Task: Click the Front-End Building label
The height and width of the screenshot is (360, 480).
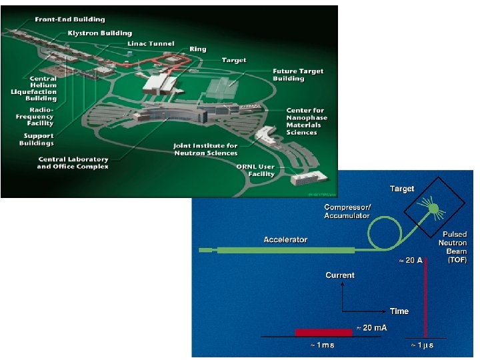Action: (x=70, y=20)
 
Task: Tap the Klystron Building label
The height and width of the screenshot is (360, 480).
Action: (x=99, y=33)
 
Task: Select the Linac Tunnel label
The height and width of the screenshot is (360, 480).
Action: (x=151, y=44)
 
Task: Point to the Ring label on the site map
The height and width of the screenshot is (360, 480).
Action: (x=197, y=49)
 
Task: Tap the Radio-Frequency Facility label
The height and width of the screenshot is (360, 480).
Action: (x=41, y=116)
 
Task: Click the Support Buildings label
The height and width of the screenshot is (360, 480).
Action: (x=37, y=139)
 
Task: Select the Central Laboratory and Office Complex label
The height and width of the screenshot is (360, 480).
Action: (x=73, y=163)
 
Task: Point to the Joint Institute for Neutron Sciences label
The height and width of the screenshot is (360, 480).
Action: (x=205, y=149)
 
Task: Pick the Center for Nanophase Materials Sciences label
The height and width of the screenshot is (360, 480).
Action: (x=306, y=121)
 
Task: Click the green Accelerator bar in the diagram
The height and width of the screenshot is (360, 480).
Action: (x=287, y=251)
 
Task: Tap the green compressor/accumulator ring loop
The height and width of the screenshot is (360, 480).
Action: (x=383, y=230)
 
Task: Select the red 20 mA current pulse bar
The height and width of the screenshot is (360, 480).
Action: (x=323, y=331)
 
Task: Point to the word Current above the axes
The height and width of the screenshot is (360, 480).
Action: (x=340, y=275)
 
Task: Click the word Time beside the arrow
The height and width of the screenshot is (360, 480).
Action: (x=399, y=311)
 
